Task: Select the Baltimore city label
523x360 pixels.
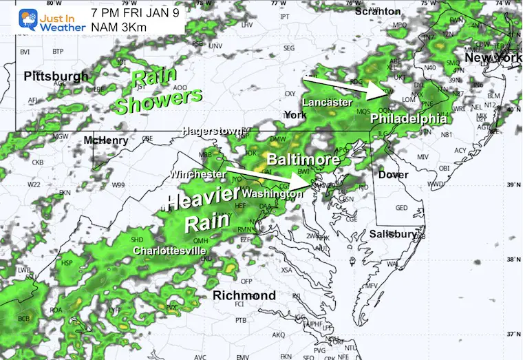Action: click(x=303, y=160)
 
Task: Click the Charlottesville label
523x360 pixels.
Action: click(x=169, y=250)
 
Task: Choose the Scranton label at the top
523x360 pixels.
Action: click(x=378, y=11)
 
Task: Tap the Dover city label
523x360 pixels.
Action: click(x=394, y=175)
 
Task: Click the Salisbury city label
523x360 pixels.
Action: click(x=394, y=234)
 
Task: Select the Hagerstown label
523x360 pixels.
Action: click(x=211, y=131)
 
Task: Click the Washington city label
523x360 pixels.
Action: click(x=273, y=194)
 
